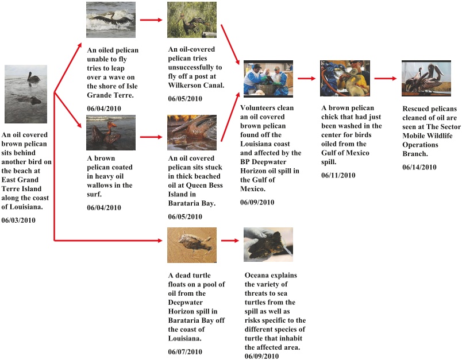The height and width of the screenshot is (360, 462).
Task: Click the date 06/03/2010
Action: (19, 220)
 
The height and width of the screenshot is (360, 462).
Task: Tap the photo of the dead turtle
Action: (192, 245)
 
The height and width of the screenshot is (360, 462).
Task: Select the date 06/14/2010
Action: (419, 167)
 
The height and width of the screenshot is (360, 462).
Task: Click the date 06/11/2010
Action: (338, 175)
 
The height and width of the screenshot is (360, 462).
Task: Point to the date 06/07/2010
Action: (185, 352)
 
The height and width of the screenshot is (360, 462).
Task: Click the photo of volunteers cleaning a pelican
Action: (268, 78)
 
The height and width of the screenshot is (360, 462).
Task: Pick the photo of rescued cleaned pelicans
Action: (426, 78)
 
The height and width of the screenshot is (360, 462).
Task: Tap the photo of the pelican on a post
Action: (192, 20)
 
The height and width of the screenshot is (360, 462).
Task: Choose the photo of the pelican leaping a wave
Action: (111, 20)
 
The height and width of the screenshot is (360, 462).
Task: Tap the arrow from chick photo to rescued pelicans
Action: (386, 78)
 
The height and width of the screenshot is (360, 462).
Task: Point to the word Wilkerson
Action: (186, 85)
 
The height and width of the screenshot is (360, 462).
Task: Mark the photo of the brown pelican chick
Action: (345, 78)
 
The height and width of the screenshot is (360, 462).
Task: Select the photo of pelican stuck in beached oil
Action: (192, 133)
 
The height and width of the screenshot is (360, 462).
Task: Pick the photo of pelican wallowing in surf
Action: (111, 133)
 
